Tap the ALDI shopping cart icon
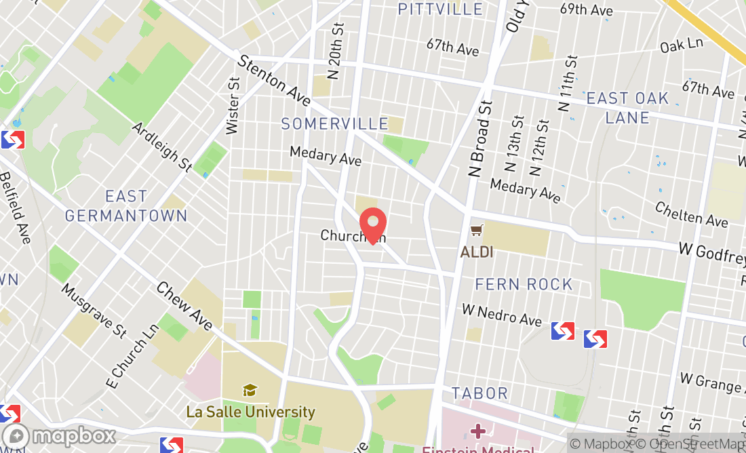(x=477, y=231)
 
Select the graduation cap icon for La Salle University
(x=250, y=390)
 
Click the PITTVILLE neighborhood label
(x=440, y=9)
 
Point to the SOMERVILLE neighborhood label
(x=335, y=124)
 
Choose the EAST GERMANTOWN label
(x=126, y=205)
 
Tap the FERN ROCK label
(x=524, y=284)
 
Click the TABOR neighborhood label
(x=479, y=393)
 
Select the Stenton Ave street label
(x=274, y=81)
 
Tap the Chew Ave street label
(x=184, y=305)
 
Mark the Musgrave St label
(x=94, y=310)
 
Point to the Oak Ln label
(x=682, y=45)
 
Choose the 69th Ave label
(x=586, y=9)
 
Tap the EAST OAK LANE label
(x=627, y=108)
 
